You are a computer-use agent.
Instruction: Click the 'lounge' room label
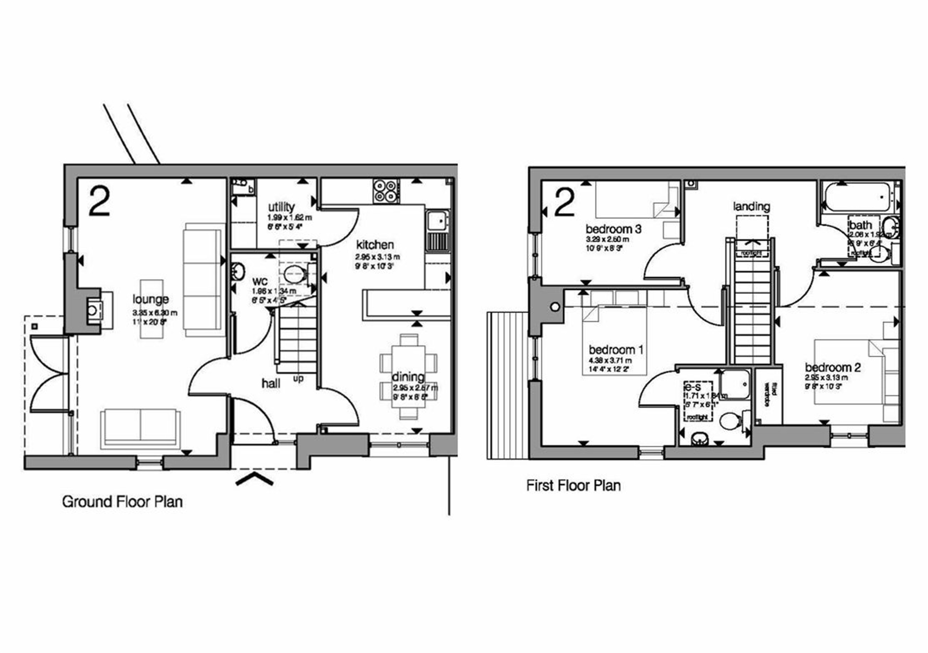click(151, 299)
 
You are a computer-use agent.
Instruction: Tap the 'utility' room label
click(281, 207)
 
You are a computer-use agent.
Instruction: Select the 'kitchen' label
click(375, 245)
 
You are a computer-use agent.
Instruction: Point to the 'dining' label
click(408, 377)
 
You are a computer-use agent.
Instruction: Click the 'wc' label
click(260, 281)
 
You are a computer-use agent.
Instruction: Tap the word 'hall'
click(271, 383)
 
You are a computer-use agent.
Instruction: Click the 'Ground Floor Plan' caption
click(122, 502)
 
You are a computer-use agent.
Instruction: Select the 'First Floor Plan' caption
click(573, 485)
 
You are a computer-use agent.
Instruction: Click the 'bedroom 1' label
click(616, 350)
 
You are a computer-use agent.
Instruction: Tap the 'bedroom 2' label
click(833, 367)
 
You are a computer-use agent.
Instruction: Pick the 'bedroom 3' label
click(614, 228)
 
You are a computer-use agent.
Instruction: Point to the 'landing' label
click(752, 206)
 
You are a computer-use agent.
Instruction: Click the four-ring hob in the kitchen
click(385, 191)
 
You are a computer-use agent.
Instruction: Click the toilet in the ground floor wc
click(296, 275)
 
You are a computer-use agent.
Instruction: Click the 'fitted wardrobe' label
click(769, 395)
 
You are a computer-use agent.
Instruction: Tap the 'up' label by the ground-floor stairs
click(298, 379)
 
